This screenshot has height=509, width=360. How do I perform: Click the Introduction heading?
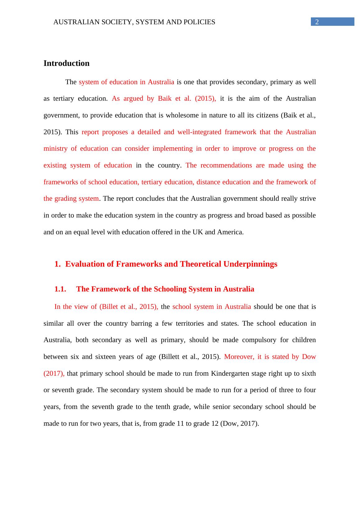pos(66,63)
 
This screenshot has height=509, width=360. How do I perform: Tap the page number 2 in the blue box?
pos(317,22)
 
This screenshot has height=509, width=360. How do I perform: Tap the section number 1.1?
pos(60,289)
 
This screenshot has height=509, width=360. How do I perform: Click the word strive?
pos(308,199)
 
